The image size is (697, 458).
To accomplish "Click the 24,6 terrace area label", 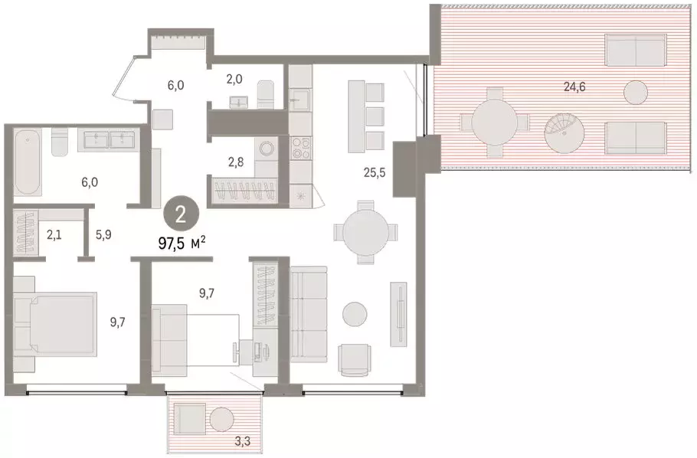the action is click(574, 87).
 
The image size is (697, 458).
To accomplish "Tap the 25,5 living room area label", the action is click(375, 172).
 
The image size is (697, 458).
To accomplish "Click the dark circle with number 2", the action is click(181, 216).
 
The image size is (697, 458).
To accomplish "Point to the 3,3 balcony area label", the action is click(242, 442).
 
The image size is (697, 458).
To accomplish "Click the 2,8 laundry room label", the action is click(236, 162).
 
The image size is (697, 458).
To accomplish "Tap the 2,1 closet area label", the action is click(54, 234).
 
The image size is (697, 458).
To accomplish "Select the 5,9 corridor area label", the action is click(103, 234).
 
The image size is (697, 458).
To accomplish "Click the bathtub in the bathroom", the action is click(28, 162).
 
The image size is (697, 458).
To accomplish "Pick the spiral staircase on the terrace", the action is click(564, 132).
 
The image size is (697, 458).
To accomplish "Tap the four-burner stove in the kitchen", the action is click(301, 149).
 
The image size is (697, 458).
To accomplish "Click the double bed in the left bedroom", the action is click(55, 324).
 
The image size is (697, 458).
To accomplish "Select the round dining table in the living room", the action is click(366, 231).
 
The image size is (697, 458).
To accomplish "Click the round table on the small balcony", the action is click(222, 419).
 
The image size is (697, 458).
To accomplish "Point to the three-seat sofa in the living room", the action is click(309, 314).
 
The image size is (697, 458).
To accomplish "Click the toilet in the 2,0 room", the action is click(267, 94).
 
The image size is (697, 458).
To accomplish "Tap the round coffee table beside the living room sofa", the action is click(355, 313).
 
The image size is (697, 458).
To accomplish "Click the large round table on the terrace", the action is click(495, 123).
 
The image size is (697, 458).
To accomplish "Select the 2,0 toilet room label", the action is click(234, 79).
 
